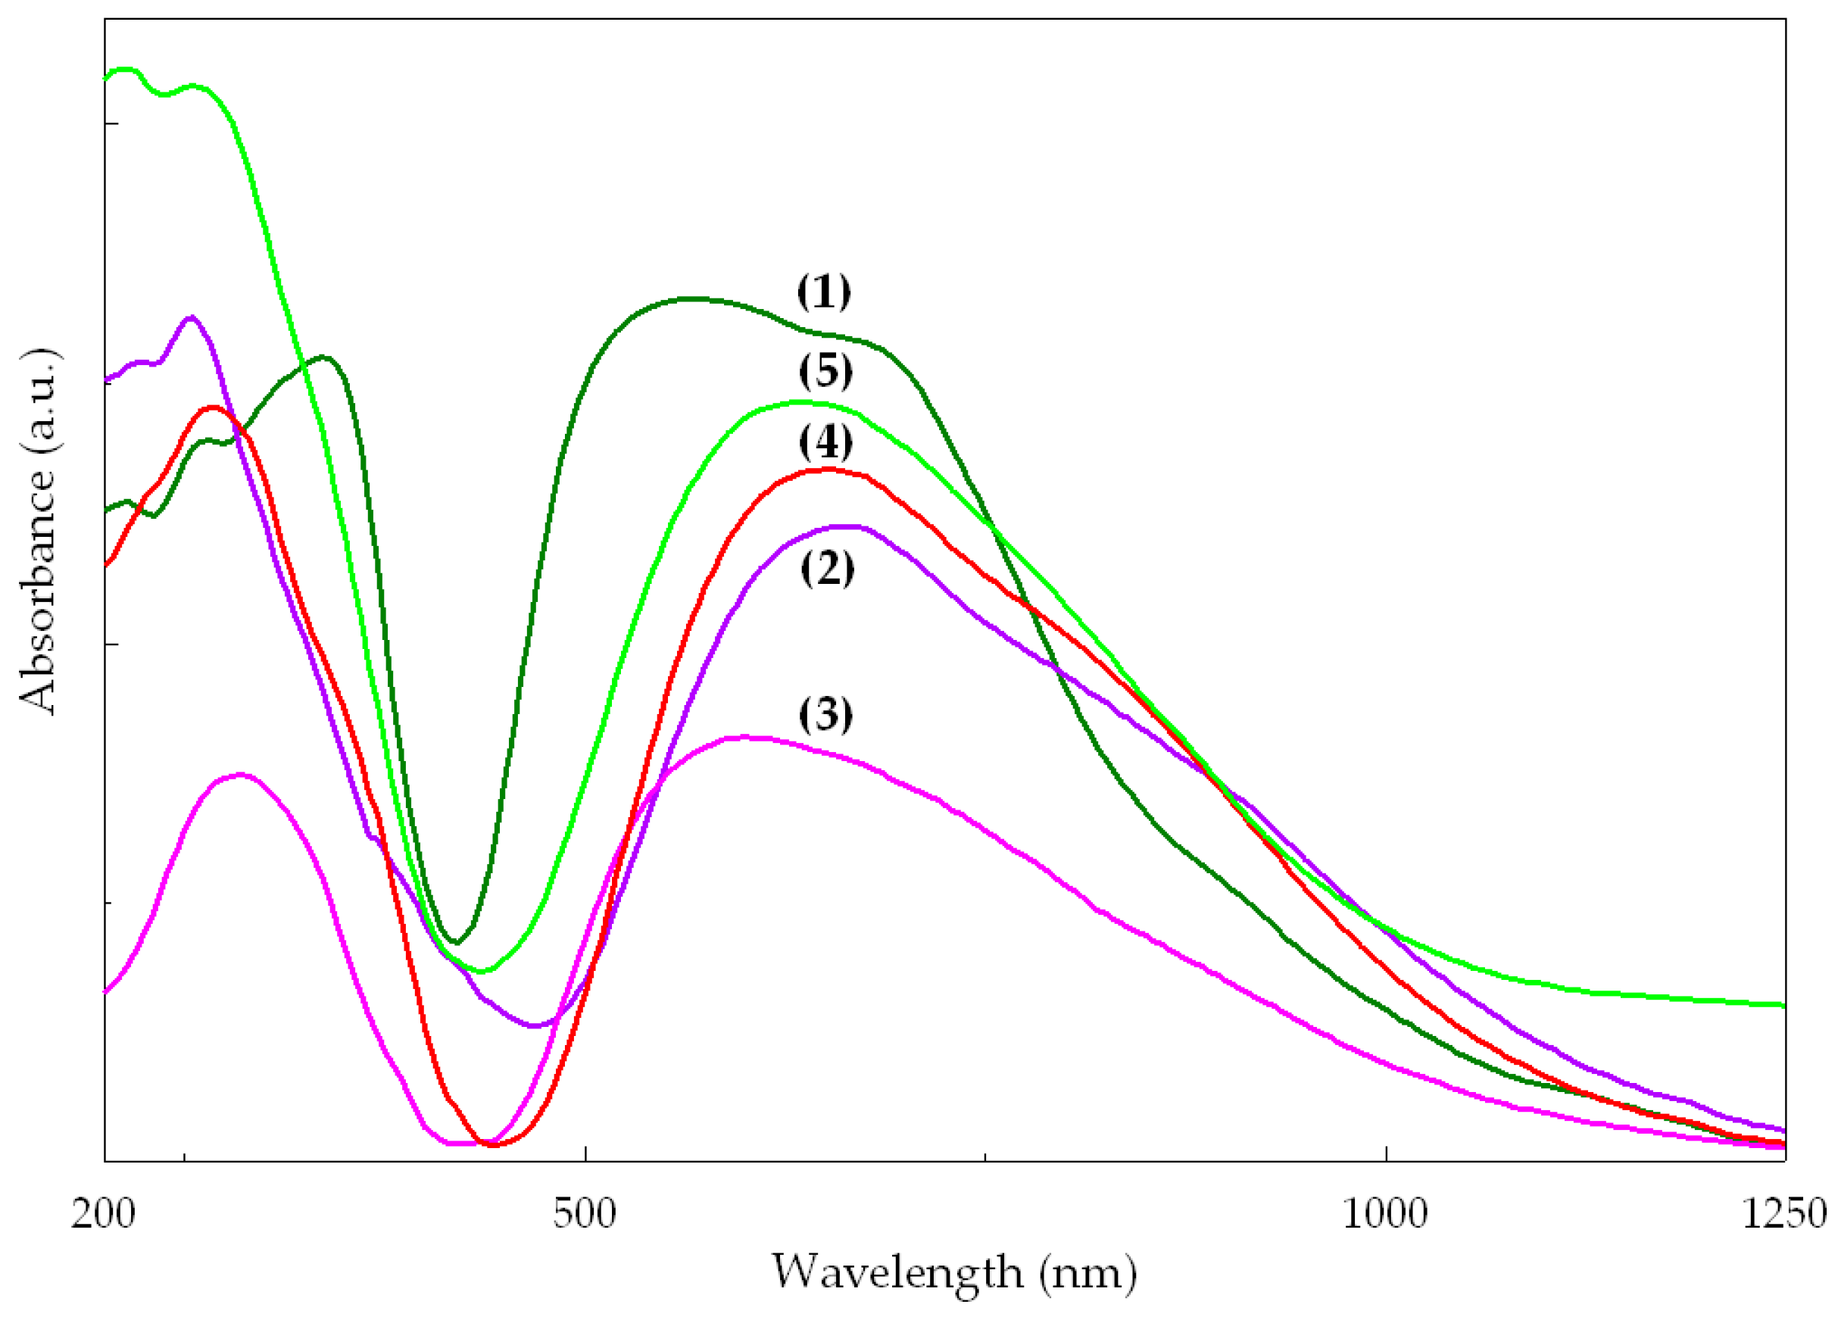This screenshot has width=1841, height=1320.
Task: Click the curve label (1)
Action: point(824,292)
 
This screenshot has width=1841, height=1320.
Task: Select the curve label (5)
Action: point(825,372)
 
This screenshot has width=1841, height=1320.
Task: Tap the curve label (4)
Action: point(825,442)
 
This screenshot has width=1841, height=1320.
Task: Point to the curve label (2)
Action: point(827,567)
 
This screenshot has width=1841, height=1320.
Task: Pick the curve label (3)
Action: point(825,714)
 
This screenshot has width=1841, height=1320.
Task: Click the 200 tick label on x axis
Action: point(103,1215)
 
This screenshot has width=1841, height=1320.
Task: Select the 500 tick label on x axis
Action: point(585,1215)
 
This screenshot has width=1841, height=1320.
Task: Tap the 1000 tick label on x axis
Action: point(1385,1215)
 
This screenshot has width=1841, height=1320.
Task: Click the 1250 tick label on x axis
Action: point(1784,1215)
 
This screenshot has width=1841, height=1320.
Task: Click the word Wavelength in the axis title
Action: point(896,1273)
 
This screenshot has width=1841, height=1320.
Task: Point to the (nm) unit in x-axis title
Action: point(1087,1273)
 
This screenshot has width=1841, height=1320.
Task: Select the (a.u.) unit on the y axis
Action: point(38,404)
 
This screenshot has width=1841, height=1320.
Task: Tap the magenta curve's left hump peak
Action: point(240,775)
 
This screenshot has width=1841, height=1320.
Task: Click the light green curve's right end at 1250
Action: point(1783,1005)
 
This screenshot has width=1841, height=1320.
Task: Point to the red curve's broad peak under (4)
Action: point(828,470)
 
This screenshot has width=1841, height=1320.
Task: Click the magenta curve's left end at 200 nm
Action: point(106,991)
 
